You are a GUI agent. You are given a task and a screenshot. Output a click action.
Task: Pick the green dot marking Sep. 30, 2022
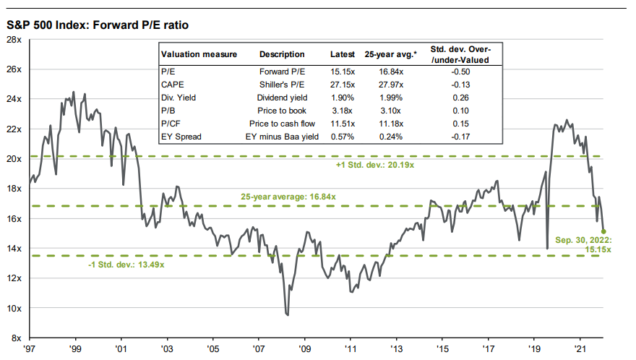pyautogui.click(x=603, y=231)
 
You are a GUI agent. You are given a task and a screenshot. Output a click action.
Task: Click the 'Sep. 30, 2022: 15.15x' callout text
pyautogui.click(x=584, y=244)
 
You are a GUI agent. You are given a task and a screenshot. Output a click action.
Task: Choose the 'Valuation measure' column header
pyautogui.click(x=192, y=54)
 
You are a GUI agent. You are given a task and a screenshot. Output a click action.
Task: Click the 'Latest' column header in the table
pyautogui.click(x=343, y=54)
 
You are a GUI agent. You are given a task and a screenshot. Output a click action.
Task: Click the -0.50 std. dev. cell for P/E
pyautogui.click(x=460, y=72)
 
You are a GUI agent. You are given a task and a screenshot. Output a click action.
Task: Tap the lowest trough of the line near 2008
pyautogui.click(x=288, y=314)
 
